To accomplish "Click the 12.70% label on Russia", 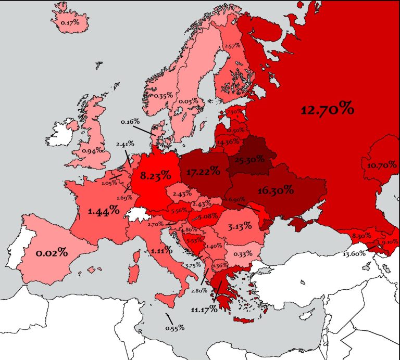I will [328, 110].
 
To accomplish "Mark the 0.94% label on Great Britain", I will [91, 151].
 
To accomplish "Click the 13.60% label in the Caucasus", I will [355, 254].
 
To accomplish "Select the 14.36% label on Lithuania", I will [228, 142].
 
